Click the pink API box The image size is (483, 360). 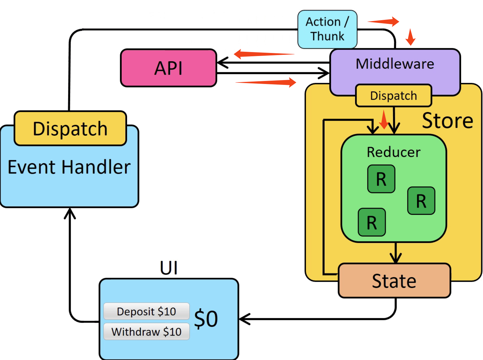pos(168,68)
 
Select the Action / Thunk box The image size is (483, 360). pos(327,29)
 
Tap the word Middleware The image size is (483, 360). pos(395,64)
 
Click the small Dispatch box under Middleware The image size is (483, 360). pos(394,96)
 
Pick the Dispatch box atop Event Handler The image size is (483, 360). pos(70,129)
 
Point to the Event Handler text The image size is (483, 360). pos(69,167)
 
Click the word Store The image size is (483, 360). pos(447,121)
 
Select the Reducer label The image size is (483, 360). pos(394,152)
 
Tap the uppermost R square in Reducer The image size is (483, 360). pos(381,179)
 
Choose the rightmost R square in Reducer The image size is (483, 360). pos(421,201)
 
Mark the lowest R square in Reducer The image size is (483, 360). pos(372,222)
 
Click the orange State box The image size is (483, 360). pos(394,281)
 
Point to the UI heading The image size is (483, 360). pos(169,268)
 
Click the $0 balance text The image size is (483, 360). pos(206,319)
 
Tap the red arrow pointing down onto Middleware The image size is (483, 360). pos(410,37)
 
